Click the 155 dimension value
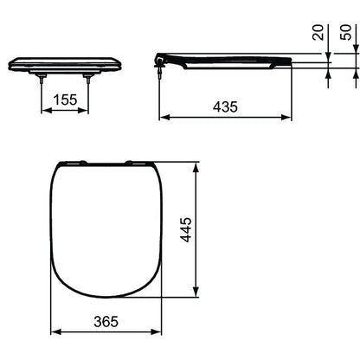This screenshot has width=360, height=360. pos(65,100)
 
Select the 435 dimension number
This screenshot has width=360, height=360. pos(225,106)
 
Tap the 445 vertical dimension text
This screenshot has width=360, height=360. pos(186,229)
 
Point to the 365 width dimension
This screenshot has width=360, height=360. pos(106,321)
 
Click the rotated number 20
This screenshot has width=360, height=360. pos(318,32)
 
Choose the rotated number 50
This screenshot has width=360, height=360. pos(346,32)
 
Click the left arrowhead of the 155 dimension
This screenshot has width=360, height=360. pos(47,110)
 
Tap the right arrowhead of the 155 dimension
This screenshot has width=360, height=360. pos(83,110)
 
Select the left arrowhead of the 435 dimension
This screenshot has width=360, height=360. pos(164,117)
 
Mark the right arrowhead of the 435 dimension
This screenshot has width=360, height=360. pos(286,117)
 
